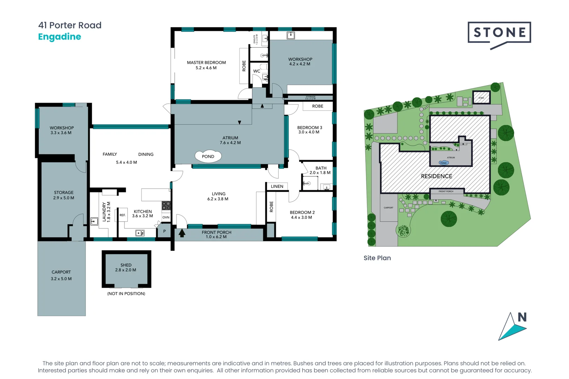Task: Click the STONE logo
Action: pos(499,33)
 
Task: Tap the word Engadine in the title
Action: pos(59,36)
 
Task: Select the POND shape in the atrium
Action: pos(208,157)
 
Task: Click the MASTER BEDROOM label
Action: pos(206,62)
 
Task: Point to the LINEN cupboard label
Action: pos(277,186)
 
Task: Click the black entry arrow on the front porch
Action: pos(182,233)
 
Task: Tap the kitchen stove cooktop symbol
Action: pos(166,205)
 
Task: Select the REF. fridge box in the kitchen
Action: pos(122,215)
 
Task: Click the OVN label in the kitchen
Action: pos(166,218)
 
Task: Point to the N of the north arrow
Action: pos(522,317)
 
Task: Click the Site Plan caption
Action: pos(377,258)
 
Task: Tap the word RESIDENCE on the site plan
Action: pos(437,176)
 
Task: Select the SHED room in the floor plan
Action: pos(126,269)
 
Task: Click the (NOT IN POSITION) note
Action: pos(126,294)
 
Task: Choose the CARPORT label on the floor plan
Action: pos(61,272)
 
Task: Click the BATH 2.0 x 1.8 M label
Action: pos(320,171)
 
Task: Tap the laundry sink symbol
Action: pos(94,221)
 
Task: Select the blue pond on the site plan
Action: pos(444,163)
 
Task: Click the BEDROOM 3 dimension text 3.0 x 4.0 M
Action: pos(309,132)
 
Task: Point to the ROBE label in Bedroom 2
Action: pos(271,207)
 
